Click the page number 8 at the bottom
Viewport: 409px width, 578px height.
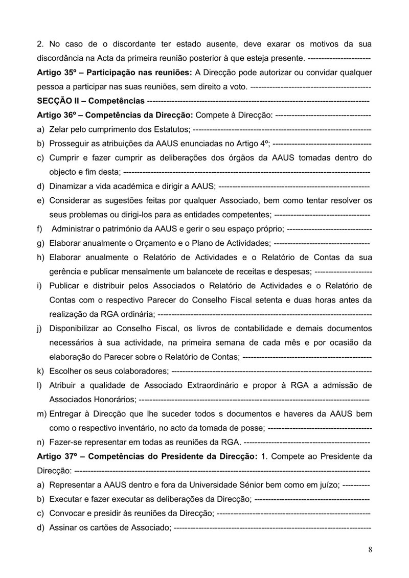click(370, 549)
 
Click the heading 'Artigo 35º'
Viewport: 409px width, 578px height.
click(56, 73)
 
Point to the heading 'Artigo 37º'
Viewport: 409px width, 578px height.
click(56, 455)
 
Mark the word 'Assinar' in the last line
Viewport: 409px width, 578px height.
click(63, 526)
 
